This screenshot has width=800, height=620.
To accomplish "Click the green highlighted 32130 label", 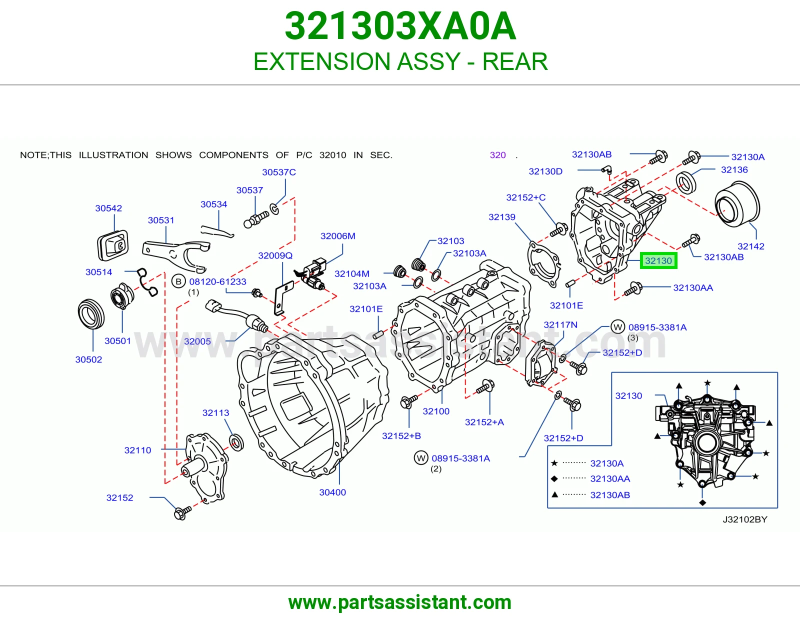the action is coord(658,260).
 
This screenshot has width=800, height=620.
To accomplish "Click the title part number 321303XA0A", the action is coord(400,26).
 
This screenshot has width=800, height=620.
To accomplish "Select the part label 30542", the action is coord(108,208).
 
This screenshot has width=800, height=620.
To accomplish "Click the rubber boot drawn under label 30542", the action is coord(112,245).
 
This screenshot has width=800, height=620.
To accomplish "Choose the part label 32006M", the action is coord(337,236).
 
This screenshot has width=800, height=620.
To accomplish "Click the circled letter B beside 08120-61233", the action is coord(178,281).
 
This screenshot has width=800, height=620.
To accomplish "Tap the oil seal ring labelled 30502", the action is coord(91,313).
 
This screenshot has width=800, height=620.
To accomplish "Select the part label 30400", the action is coord(332,492).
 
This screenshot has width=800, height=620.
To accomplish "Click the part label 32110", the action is coord(137,450).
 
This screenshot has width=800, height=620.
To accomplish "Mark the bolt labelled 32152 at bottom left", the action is coord(182,512).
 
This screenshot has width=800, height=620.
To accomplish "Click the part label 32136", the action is coord(734,169).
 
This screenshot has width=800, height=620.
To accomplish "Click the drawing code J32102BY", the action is coord(745,519).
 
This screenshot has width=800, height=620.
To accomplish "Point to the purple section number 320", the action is coord(497,155).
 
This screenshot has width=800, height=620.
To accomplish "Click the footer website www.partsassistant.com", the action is coord(400,602).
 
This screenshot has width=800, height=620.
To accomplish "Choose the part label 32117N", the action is coord(560,324).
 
